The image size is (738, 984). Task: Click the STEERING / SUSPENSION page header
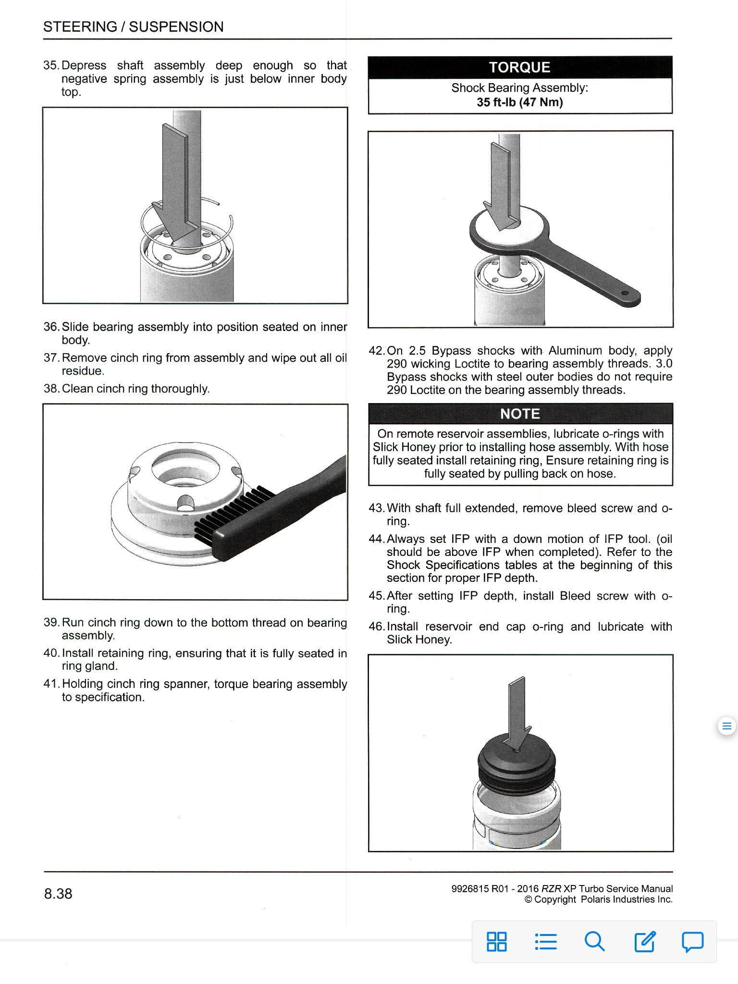[x=133, y=26]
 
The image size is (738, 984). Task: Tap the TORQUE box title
[x=520, y=67]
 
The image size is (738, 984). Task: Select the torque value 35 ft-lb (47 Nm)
[x=520, y=102]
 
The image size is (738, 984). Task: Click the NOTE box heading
[x=520, y=414]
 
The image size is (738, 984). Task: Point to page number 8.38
[x=58, y=894]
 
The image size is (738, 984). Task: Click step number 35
[x=50, y=65]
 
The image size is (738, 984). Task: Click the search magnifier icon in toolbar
[x=594, y=941]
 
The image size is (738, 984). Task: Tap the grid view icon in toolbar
[x=497, y=941]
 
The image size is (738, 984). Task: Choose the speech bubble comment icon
[x=692, y=941]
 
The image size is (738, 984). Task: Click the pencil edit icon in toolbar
[x=644, y=941]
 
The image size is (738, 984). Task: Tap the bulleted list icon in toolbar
[x=546, y=941]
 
